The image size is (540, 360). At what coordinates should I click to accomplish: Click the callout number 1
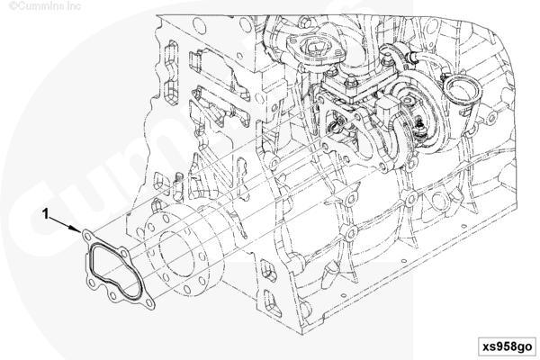[x=45, y=214]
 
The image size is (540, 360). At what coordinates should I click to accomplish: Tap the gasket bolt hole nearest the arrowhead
[x=88, y=237]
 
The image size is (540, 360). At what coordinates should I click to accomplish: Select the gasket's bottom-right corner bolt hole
[x=148, y=302]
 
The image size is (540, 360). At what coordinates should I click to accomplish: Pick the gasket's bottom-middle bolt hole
[x=113, y=295]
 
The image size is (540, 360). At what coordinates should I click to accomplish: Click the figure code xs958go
[x=507, y=346]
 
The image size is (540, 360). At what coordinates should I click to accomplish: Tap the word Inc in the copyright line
[x=75, y=6]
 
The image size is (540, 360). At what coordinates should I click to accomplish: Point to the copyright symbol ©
[x=13, y=6]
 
